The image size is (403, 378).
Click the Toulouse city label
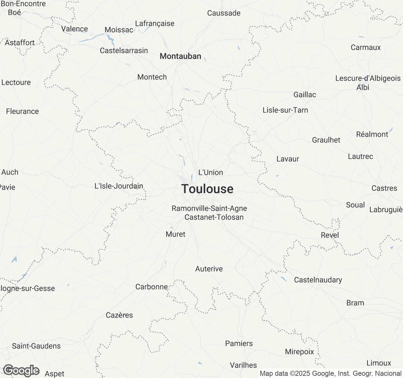tap(207, 189)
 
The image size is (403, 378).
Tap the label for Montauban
tap(180, 56)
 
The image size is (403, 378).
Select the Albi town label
tap(363, 87)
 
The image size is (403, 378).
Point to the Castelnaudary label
tap(318, 280)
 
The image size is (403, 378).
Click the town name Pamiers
tap(239, 343)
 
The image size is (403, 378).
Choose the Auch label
tap(10, 172)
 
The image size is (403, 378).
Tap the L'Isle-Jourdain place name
tap(119, 186)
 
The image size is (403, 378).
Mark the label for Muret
tap(175, 234)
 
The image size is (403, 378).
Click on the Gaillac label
tap(304, 94)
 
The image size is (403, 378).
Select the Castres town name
tap(384, 188)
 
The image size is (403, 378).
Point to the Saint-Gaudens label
tap(36, 346)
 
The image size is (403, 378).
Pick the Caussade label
tap(224, 13)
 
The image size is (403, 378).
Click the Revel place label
tap(330, 235)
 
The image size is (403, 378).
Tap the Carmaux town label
tap(366, 47)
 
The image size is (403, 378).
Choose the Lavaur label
tap(287, 159)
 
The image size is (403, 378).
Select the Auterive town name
tap(209, 269)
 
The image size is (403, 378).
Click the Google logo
tap(21, 370)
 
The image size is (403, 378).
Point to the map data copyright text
tap(330, 374)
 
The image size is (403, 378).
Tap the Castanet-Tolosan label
tap(214, 217)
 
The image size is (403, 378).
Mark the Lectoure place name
tap(16, 82)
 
